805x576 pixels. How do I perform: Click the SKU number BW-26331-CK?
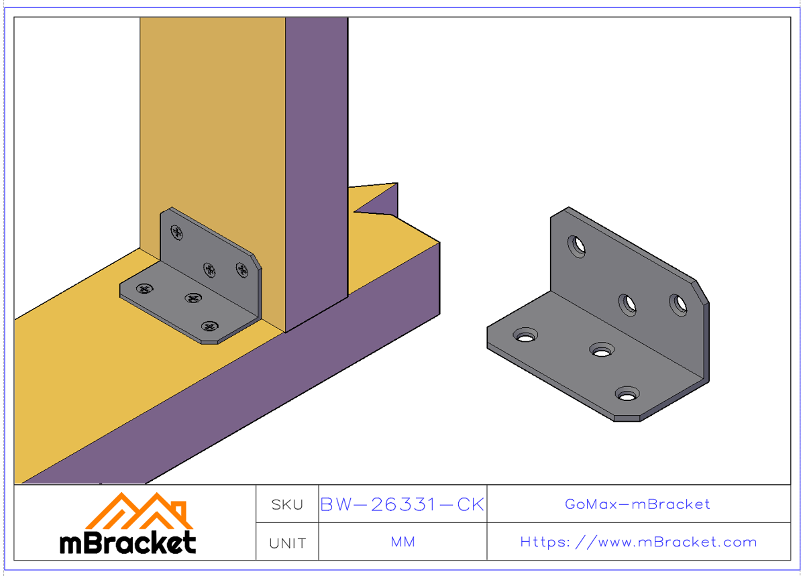402,504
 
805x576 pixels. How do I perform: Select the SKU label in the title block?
287,505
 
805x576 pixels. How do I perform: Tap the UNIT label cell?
287,542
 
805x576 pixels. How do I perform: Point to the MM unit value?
402,542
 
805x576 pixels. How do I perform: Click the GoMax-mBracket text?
637,504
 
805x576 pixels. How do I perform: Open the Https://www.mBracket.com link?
638,542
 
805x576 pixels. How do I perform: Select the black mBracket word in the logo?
127,542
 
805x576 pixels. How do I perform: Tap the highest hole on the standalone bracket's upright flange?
576,247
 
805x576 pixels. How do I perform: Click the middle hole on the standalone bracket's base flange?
602,350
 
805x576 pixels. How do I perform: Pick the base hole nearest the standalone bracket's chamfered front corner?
627,394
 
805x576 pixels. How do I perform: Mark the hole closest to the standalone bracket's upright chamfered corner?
678,305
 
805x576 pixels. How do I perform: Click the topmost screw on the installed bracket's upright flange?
177,233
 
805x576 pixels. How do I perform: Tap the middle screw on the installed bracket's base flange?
194,298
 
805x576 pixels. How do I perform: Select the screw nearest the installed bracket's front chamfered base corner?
211,327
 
